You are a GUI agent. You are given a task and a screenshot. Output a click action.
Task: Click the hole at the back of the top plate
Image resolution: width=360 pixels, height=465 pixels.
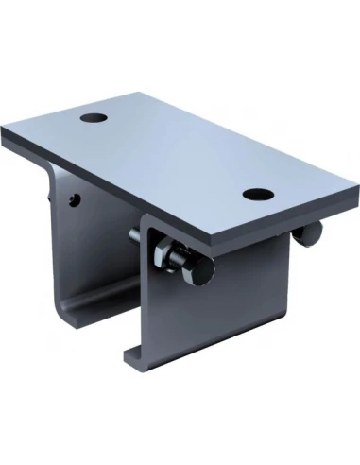(94, 119)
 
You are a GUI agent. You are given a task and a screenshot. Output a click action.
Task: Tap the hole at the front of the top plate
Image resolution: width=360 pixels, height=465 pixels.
(256, 194)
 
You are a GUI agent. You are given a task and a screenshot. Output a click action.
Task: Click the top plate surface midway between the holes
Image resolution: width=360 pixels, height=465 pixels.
(175, 156)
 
